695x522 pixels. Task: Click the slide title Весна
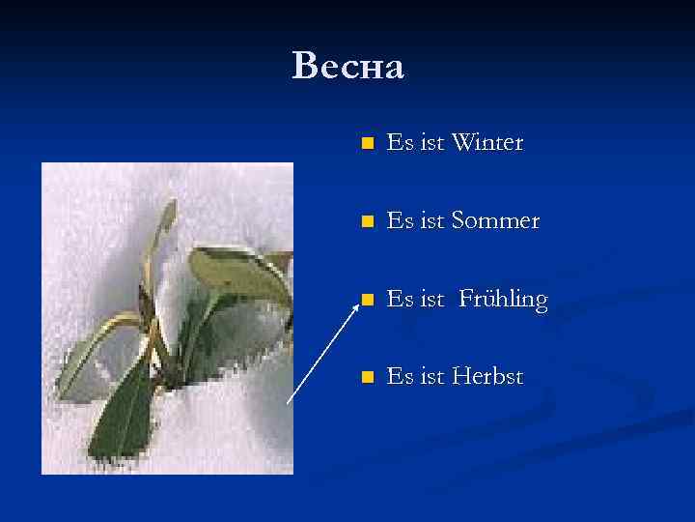(x=347, y=67)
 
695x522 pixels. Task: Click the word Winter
(x=486, y=143)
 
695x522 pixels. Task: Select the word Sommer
(x=494, y=221)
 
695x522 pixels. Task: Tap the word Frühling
(x=502, y=300)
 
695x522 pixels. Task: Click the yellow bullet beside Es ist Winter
(x=366, y=144)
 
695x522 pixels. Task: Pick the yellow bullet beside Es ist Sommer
(x=366, y=222)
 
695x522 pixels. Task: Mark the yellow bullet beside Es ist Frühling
(x=366, y=300)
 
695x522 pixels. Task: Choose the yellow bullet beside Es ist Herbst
(x=366, y=377)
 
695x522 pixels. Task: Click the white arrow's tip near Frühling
(x=352, y=302)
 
